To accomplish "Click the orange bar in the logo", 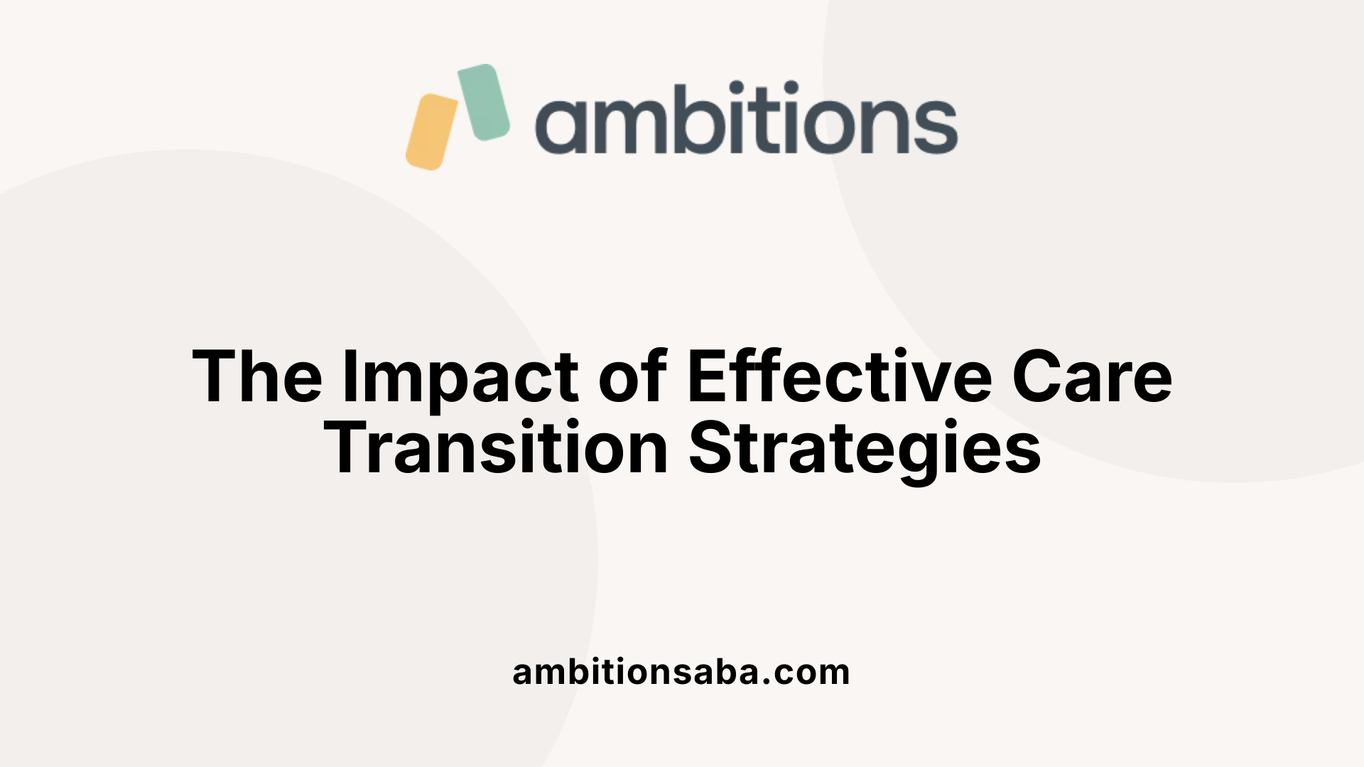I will pos(431,132).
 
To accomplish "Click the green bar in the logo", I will pos(483,102).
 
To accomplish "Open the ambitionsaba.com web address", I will pos(681,672).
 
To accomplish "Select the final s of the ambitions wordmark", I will pos(936,126).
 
